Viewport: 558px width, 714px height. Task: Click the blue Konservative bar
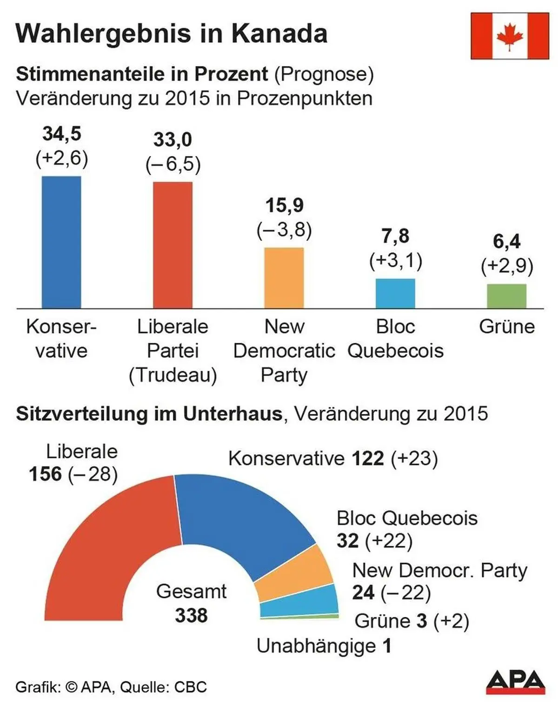(x=61, y=242)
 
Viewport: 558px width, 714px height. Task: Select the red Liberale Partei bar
(x=173, y=245)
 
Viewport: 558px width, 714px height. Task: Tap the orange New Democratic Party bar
(x=284, y=278)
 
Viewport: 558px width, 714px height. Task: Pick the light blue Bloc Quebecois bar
(x=395, y=293)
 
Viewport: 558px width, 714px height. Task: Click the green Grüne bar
(x=506, y=296)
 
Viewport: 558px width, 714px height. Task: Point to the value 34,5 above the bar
(x=62, y=134)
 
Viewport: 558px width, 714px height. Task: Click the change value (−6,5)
(x=173, y=164)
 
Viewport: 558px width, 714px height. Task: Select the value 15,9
(x=284, y=205)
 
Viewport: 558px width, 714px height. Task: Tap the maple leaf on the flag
(x=510, y=36)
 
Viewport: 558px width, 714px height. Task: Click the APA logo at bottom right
(x=515, y=682)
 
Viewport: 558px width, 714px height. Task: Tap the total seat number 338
(x=191, y=616)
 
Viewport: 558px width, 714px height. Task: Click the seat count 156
(x=45, y=474)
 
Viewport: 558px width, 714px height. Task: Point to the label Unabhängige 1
(x=324, y=646)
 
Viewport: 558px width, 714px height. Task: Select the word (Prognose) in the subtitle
(x=324, y=74)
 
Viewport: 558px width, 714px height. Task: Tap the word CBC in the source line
(x=190, y=687)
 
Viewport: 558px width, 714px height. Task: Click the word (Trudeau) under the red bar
(x=173, y=375)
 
